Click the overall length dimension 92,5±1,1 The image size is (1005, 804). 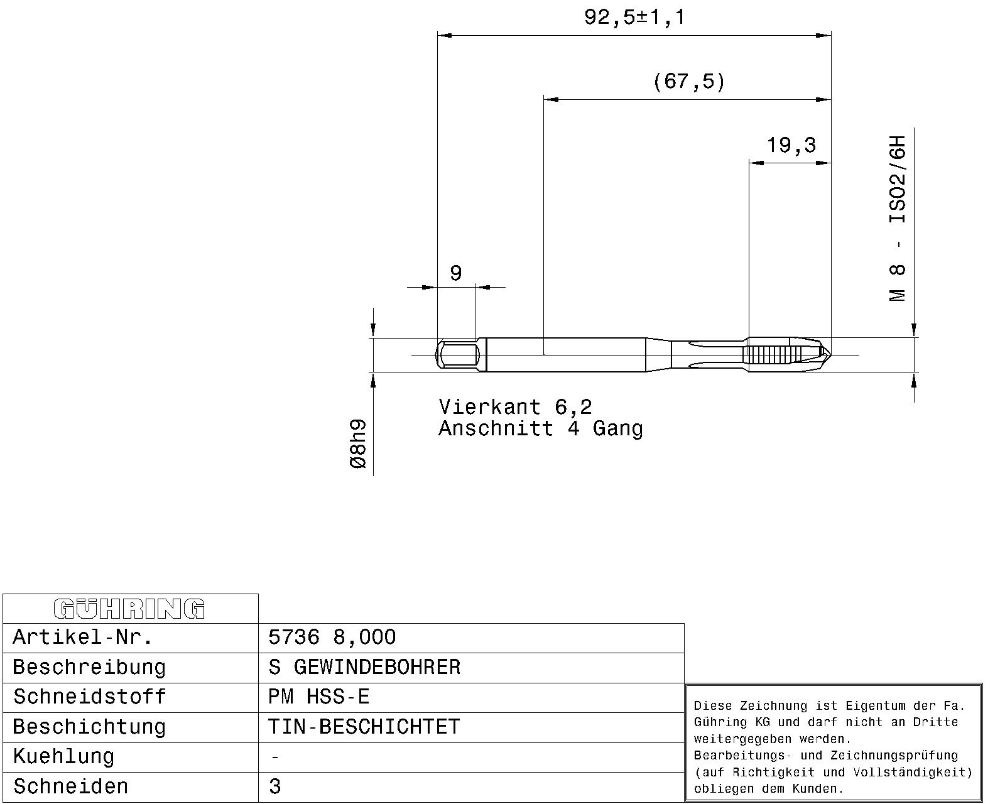(x=634, y=18)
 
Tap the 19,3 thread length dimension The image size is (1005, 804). (x=791, y=145)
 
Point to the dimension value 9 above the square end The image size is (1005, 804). (x=456, y=273)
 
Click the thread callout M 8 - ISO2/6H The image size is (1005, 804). (x=898, y=219)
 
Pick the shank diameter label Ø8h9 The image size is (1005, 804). (x=358, y=444)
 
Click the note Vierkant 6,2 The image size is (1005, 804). (x=515, y=408)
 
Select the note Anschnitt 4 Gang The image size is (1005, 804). (x=541, y=429)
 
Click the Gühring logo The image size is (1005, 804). (x=129, y=609)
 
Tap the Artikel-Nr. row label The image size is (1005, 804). (x=83, y=637)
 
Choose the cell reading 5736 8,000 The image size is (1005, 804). (x=332, y=637)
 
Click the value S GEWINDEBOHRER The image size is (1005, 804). (x=364, y=667)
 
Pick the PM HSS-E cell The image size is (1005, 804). (x=319, y=697)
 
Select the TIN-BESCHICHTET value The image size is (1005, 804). (x=364, y=727)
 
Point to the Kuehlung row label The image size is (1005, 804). (x=63, y=757)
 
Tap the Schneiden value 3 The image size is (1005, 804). (x=274, y=786)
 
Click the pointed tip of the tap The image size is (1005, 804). (x=830, y=355)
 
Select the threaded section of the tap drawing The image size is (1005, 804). (x=769, y=355)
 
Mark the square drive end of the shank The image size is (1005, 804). (x=457, y=355)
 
